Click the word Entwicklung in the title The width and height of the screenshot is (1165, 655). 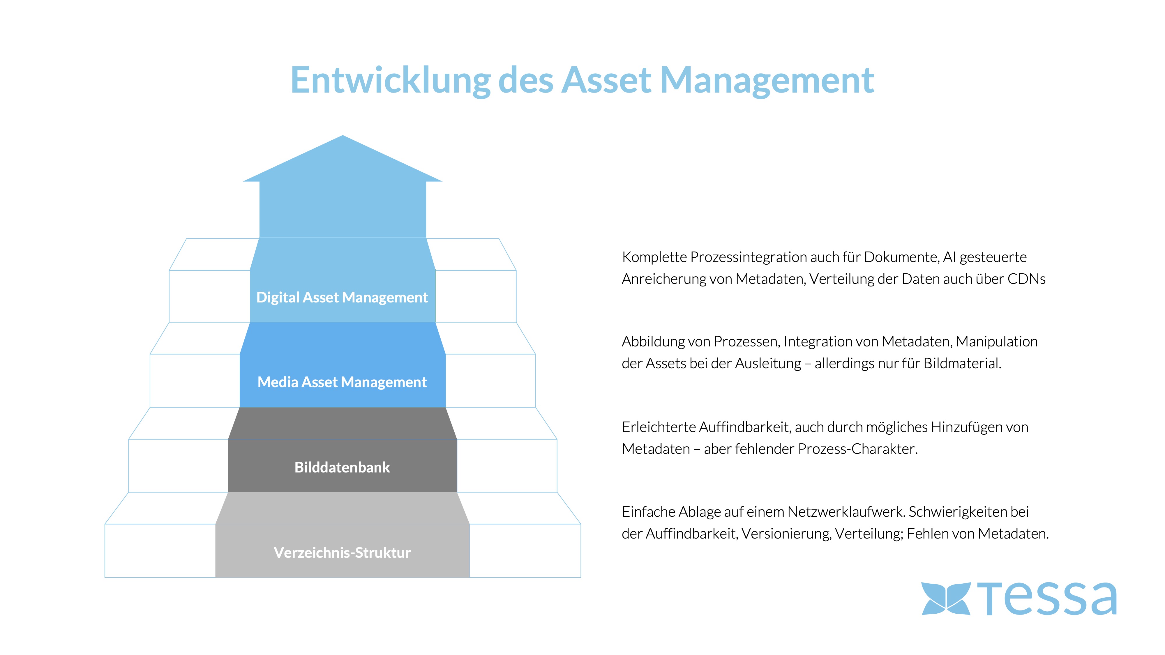[390, 80]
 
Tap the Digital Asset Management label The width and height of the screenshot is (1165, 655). [342, 298]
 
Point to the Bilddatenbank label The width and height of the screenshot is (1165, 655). [342, 468]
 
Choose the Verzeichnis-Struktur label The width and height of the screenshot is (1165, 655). [342, 553]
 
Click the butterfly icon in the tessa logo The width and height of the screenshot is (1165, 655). [946, 599]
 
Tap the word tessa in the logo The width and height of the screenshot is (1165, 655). [1047, 599]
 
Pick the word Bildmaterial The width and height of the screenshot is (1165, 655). [962, 363]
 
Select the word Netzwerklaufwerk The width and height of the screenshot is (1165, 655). [846, 512]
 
